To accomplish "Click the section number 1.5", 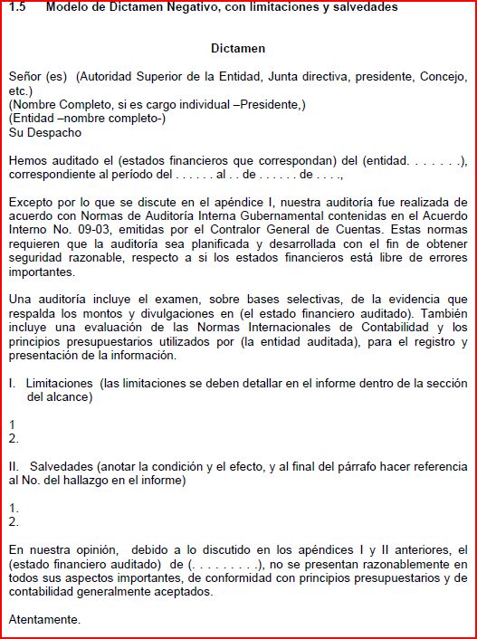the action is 17,7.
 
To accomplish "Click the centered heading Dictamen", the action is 238,48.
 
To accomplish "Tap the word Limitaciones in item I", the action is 60,384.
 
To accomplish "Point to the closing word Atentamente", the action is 44,620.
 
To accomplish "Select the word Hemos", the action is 28,161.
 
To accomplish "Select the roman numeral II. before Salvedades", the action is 14,467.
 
